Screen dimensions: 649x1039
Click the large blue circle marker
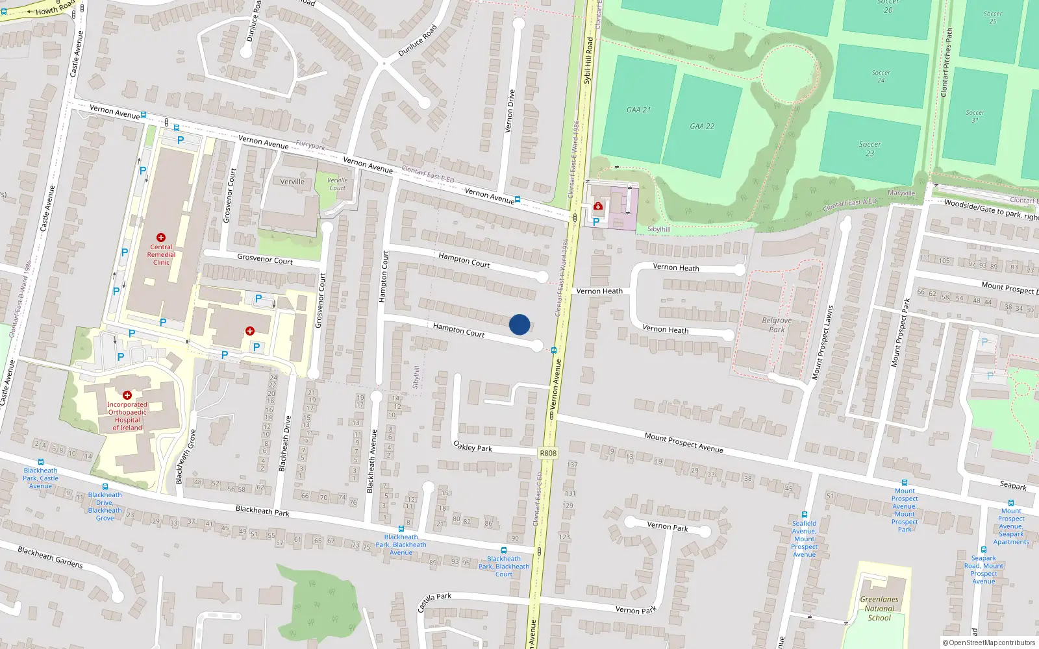(x=519, y=324)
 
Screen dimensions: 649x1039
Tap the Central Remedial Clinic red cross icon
(x=161, y=238)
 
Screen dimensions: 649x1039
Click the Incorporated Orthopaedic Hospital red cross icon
(x=127, y=395)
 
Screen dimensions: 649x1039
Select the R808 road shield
(x=548, y=453)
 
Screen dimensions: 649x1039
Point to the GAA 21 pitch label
(x=638, y=110)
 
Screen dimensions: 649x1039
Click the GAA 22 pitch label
(x=702, y=127)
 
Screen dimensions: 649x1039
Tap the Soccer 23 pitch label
(x=870, y=149)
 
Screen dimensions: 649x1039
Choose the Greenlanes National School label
(x=879, y=609)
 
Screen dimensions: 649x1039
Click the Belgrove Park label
(x=777, y=324)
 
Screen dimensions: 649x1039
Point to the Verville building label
(x=292, y=182)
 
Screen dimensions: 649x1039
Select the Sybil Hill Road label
(x=588, y=60)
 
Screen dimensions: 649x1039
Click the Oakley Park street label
(x=473, y=447)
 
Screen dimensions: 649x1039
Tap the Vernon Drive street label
(x=510, y=111)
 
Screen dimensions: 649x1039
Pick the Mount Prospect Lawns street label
(x=822, y=342)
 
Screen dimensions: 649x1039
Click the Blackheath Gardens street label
(x=51, y=557)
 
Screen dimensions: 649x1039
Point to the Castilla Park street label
(x=434, y=602)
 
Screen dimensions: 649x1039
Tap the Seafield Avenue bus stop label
(x=804, y=539)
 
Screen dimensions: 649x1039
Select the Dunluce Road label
(x=418, y=40)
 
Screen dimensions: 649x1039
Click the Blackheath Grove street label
(x=185, y=456)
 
